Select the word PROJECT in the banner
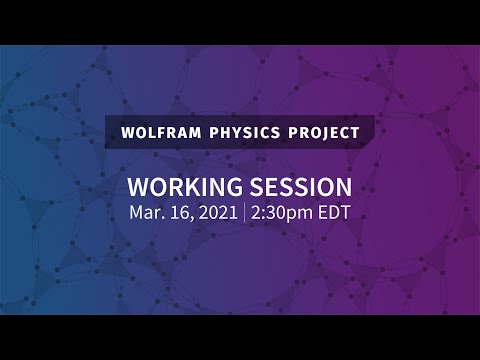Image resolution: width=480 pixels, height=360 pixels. [x=322, y=133]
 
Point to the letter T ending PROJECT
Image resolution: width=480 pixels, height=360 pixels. [x=354, y=133]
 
